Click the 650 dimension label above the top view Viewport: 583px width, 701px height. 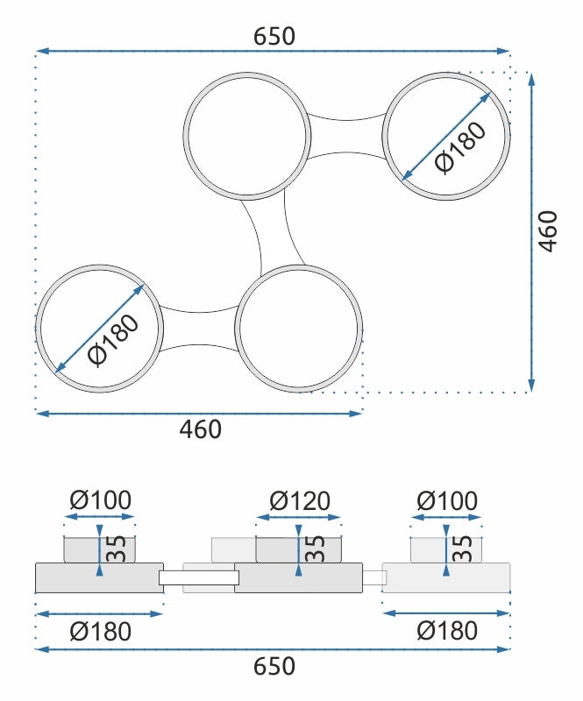tap(274, 37)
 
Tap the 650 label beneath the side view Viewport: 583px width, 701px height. tap(274, 666)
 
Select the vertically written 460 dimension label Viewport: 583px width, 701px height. tap(548, 231)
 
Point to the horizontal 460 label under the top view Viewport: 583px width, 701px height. tap(201, 429)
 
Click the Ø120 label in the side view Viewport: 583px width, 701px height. tap(300, 500)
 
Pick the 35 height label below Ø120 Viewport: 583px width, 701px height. tap(316, 549)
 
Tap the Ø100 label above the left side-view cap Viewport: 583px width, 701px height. tap(101, 499)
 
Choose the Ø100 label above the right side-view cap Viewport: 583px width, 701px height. tap(447, 500)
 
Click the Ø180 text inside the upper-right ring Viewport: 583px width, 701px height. tap(460, 147)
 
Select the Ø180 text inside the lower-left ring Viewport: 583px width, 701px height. tap(114, 341)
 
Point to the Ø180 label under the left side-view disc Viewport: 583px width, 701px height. tap(101, 632)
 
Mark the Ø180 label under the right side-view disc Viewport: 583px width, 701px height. tap(447, 631)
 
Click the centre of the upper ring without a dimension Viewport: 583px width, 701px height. tap(247, 136)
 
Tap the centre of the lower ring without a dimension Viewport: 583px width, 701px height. tap(298, 329)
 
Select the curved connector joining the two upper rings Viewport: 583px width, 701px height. tap(347, 137)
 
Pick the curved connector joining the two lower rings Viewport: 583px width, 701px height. tap(199, 329)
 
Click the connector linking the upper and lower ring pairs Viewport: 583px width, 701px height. tap(273, 232)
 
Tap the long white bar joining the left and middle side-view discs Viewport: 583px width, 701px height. tap(199, 577)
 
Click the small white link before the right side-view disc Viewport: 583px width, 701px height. tap(374, 577)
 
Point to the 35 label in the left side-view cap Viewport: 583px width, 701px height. tap(117, 549)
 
